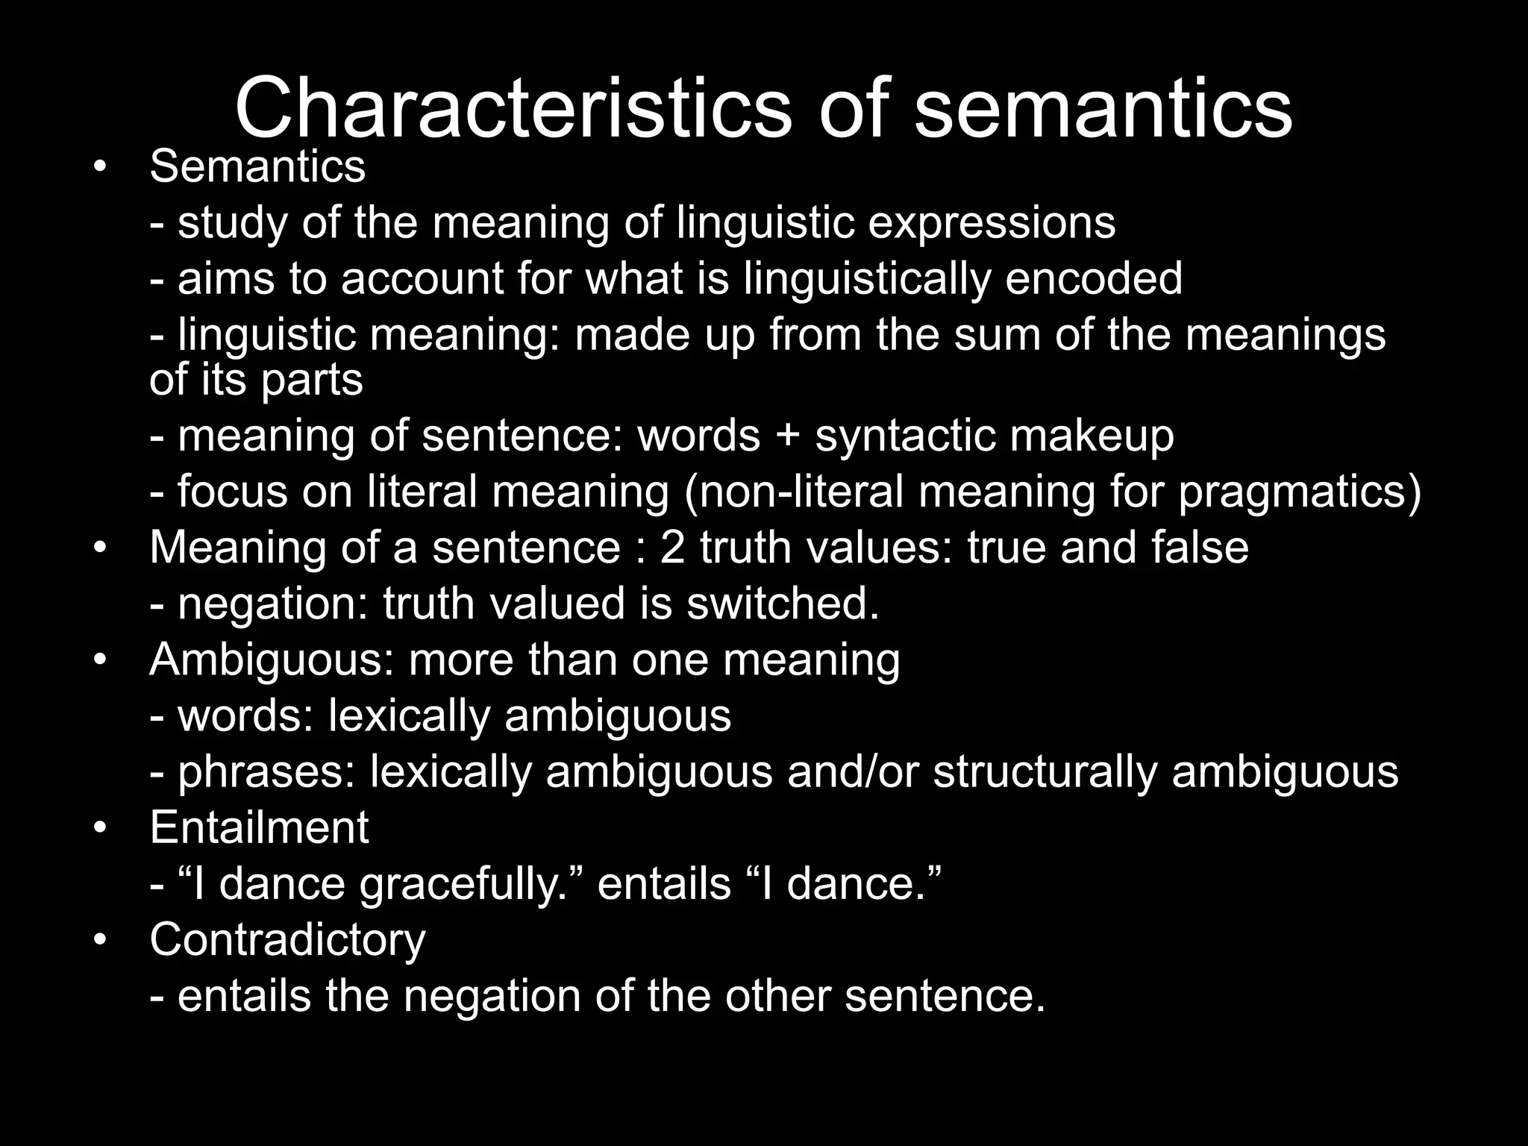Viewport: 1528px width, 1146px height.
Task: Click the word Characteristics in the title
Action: coord(512,108)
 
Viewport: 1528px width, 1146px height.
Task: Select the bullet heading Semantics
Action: coord(257,166)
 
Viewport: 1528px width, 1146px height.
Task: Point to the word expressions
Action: coord(992,222)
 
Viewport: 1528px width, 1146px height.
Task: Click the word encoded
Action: coord(1093,278)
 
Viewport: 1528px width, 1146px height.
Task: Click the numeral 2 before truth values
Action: coord(672,547)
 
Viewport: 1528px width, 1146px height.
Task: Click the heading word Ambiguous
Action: coord(272,660)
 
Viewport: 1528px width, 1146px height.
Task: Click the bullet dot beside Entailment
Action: coord(100,828)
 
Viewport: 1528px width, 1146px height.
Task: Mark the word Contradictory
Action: coord(287,939)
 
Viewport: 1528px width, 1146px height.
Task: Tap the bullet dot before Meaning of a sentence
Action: coord(100,548)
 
